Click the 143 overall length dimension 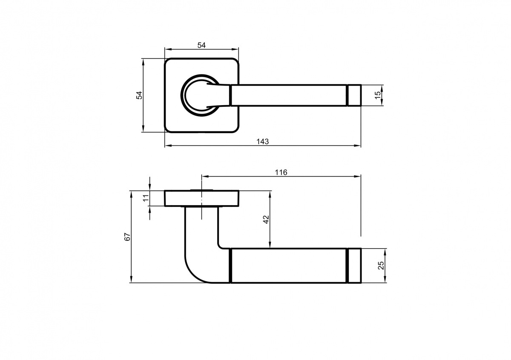(263, 142)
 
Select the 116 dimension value (281, 172)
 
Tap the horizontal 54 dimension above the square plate (201, 46)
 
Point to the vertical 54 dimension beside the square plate (139, 95)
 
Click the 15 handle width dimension (378, 95)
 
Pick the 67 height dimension (127, 237)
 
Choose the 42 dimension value (266, 219)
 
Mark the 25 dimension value (381, 266)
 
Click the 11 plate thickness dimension (146, 198)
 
